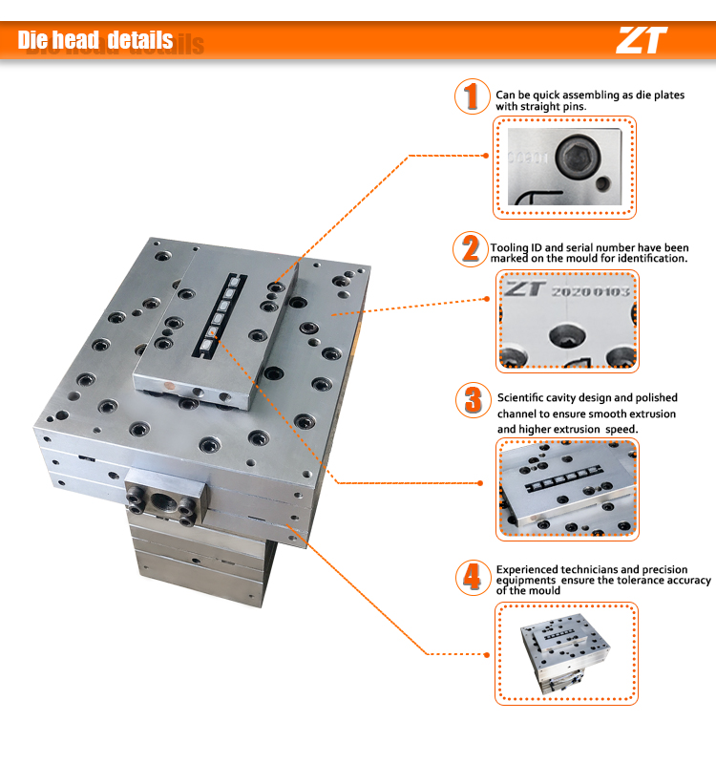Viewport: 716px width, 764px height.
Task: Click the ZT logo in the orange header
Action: pyautogui.click(x=642, y=40)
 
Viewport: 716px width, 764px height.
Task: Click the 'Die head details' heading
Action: pyautogui.click(x=95, y=40)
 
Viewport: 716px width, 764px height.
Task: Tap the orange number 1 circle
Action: pyautogui.click(x=470, y=97)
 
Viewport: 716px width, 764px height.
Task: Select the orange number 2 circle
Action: pyautogui.click(x=470, y=249)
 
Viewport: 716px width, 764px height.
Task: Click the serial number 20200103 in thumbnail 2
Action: pyautogui.click(x=591, y=291)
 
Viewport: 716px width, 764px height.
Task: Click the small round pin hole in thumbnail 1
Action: pyautogui.click(x=601, y=180)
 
